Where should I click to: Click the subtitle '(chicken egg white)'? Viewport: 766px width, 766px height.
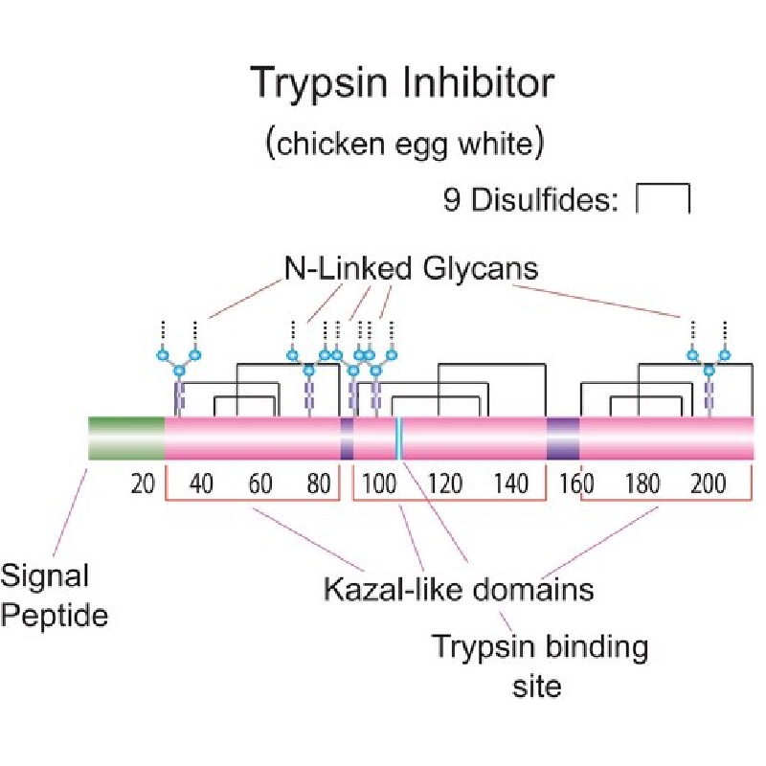pyautogui.click(x=404, y=143)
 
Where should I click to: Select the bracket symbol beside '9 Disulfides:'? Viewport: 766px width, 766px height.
pyautogui.click(x=663, y=198)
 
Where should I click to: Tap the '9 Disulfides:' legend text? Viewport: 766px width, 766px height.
pyautogui.click(x=530, y=199)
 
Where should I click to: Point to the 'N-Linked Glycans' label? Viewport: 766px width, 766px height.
pyautogui.click(x=412, y=268)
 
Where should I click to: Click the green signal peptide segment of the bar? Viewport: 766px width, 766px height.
pyautogui.click(x=126, y=439)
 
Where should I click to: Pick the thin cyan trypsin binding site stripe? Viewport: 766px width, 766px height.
pyautogui.click(x=399, y=439)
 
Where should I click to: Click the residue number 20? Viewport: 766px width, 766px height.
pyautogui.click(x=143, y=484)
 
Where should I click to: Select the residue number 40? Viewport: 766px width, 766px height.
pyautogui.click(x=201, y=484)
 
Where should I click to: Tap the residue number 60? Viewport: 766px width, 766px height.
pyautogui.click(x=259, y=484)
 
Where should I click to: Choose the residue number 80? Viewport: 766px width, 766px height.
pyautogui.click(x=319, y=484)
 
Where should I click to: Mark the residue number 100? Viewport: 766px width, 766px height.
pyautogui.click(x=379, y=484)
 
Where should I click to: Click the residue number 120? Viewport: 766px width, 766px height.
pyautogui.click(x=445, y=484)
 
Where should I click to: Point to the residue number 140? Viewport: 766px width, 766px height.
pyautogui.click(x=511, y=484)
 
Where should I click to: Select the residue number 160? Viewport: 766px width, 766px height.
pyautogui.click(x=576, y=484)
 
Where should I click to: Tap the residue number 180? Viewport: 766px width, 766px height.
pyautogui.click(x=642, y=484)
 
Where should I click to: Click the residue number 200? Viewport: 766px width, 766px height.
pyautogui.click(x=709, y=484)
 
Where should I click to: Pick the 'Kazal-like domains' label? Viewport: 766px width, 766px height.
pyautogui.click(x=459, y=589)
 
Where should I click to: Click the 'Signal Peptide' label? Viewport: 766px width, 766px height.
pyautogui.click(x=54, y=596)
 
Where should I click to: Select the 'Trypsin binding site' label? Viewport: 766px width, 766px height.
pyautogui.click(x=540, y=665)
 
